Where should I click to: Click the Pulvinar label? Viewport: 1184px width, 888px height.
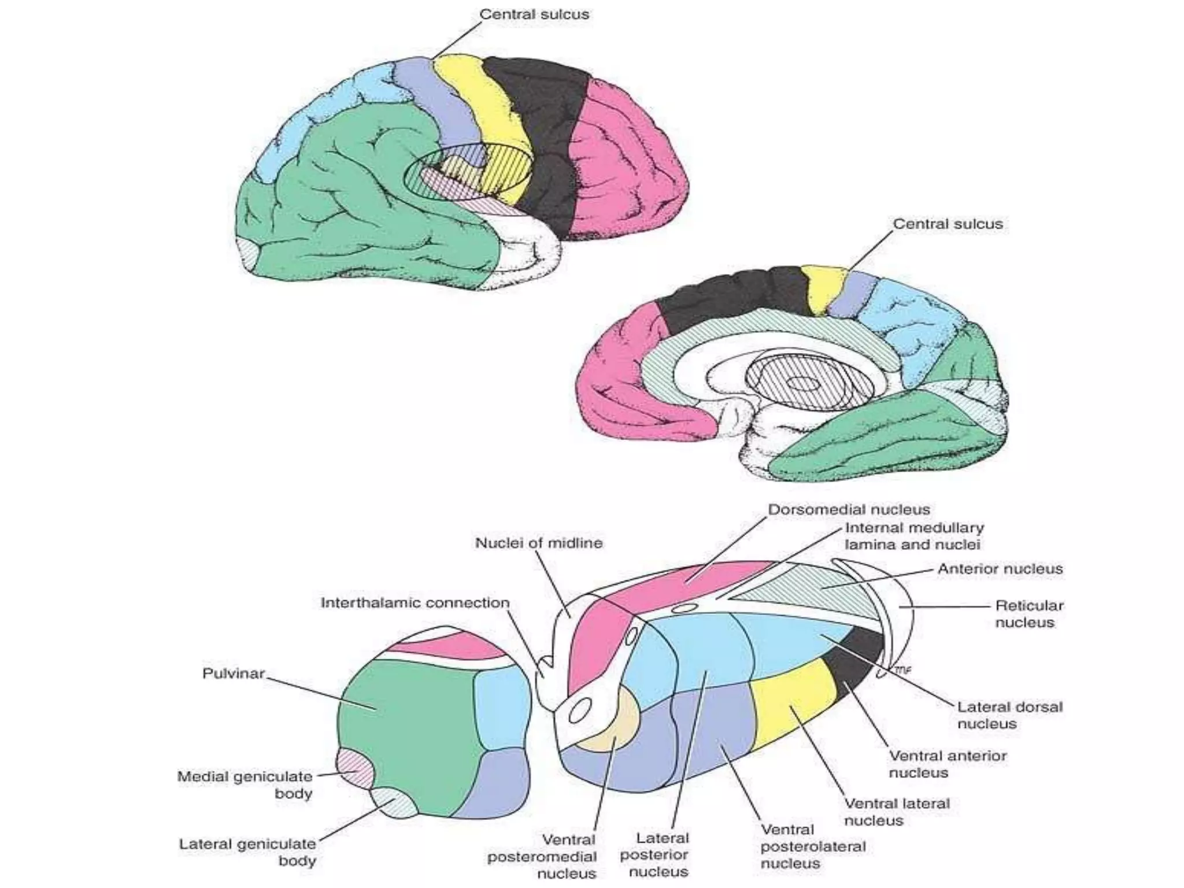[233, 674]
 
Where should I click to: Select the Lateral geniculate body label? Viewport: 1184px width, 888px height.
[247, 852]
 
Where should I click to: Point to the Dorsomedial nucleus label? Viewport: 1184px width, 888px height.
[849, 509]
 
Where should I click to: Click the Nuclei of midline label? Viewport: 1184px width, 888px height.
[538, 543]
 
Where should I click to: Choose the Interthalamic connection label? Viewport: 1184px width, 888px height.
[415, 603]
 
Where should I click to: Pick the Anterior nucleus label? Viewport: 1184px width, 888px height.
[1000, 569]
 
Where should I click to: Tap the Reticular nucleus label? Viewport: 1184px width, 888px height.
[1028, 614]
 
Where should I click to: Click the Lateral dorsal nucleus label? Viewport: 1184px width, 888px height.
[1009, 715]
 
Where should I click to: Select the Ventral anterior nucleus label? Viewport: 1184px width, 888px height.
[948, 764]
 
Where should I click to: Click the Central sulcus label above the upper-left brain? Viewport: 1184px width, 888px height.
[534, 14]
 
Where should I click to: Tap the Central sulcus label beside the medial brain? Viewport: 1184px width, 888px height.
[948, 224]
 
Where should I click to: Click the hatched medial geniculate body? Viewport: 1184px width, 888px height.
[355, 766]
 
